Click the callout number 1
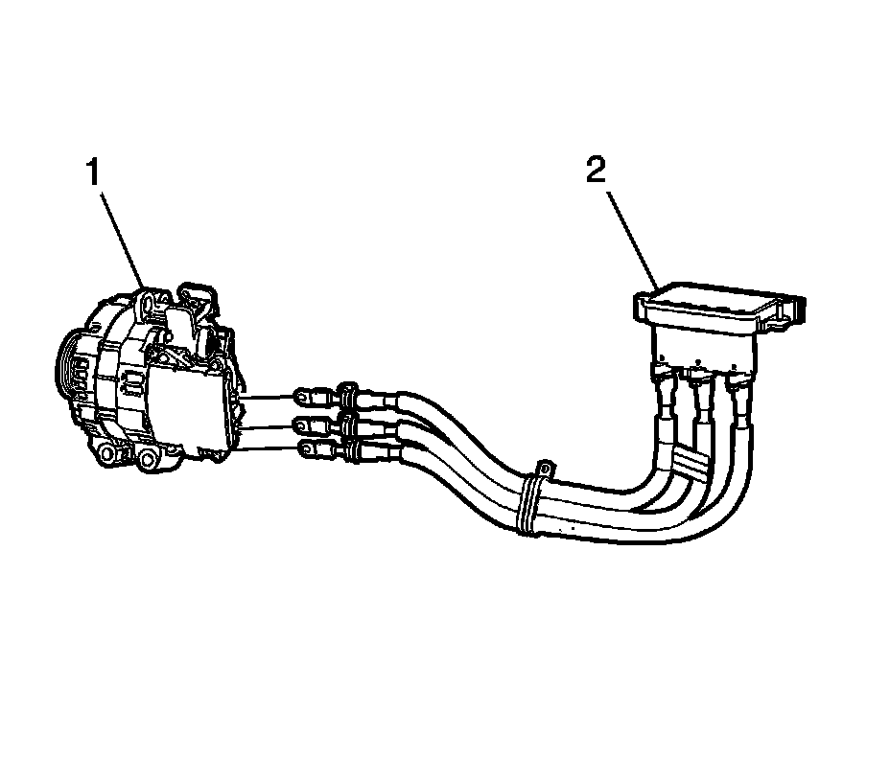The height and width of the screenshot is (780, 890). coord(93,175)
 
